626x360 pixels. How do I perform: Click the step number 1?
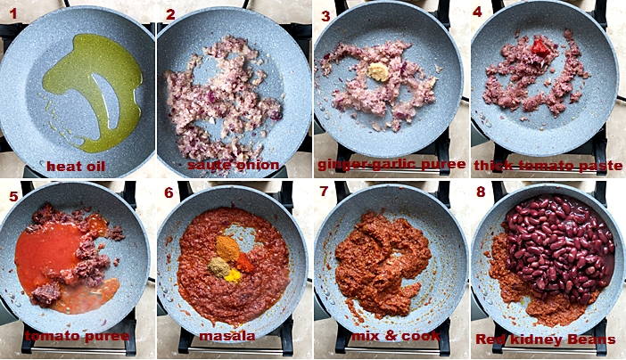(x=13, y=14)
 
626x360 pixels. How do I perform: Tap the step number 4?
(x=477, y=12)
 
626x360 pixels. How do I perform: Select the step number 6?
(x=169, y=192)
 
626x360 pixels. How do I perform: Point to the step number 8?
(x=481, y=192)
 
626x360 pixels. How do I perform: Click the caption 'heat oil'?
(x=76, y=166)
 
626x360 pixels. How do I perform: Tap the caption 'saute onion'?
(x=233, y=165)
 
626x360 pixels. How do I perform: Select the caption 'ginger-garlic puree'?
(x=391, y=165)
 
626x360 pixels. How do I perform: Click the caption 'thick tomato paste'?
(x=548, y=166)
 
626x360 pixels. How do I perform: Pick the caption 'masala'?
(x=227, y=336)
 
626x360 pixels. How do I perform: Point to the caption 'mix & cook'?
(x=395, y=336)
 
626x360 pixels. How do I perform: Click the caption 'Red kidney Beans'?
(x=546, y=340)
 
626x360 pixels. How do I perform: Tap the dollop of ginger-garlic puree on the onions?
(x=378, y=72)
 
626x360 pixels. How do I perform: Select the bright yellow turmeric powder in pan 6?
(x=232, y=275)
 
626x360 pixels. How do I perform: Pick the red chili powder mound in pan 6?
(x=244, y=263)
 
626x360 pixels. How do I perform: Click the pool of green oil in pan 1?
(x=93, y=92)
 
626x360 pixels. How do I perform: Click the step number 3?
(x=325, y=16)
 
